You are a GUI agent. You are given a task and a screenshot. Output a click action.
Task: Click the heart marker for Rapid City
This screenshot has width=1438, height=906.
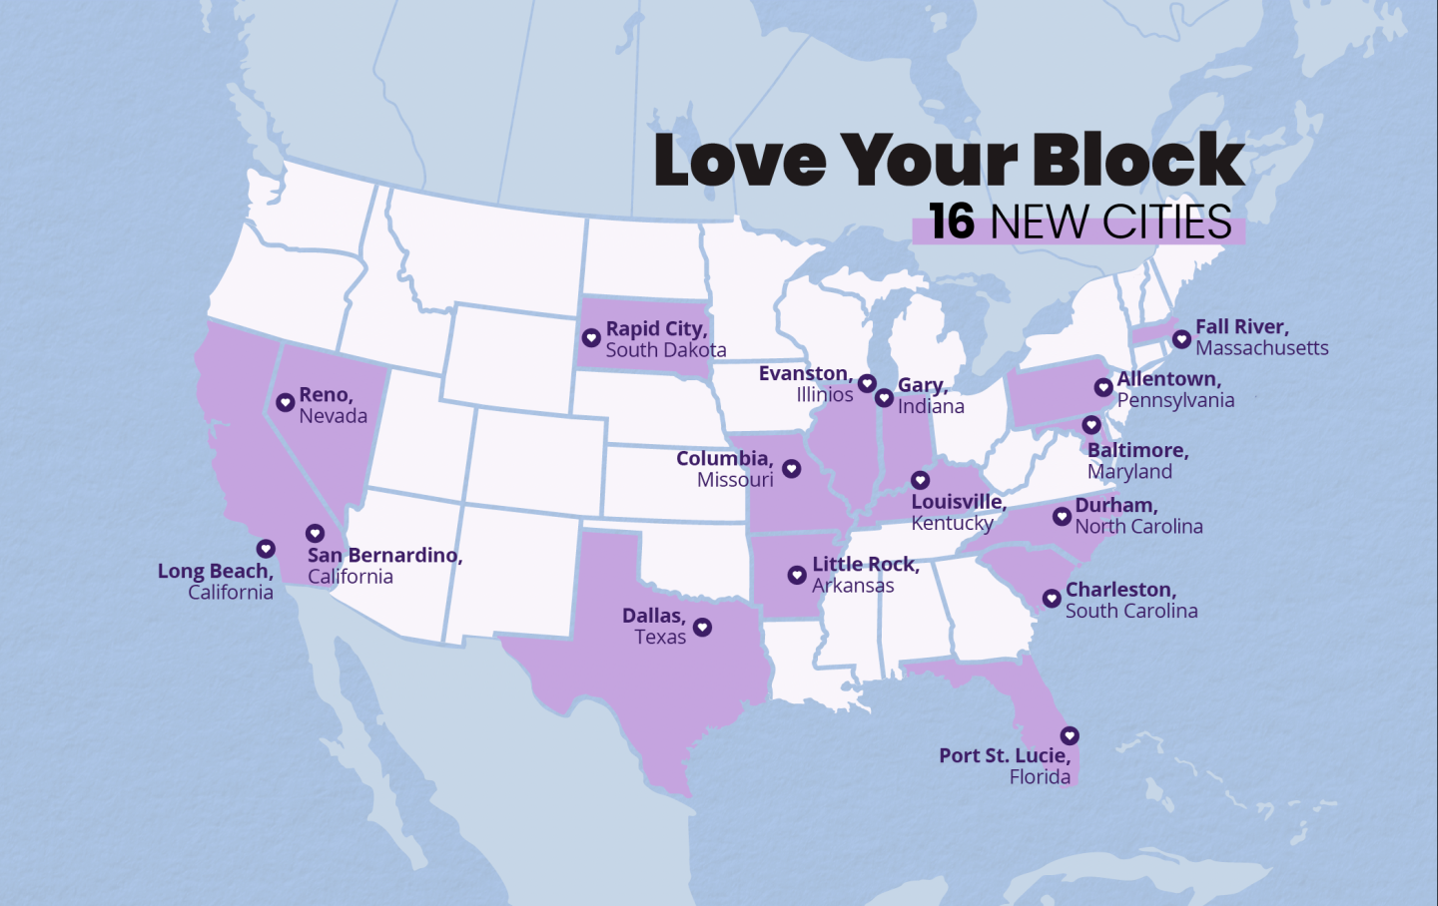(x=591, y=338)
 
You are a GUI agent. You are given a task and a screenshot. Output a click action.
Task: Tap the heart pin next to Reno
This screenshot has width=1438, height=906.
(x=285, y=402)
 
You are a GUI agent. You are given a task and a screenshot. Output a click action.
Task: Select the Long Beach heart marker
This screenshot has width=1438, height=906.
(x=266, y=549)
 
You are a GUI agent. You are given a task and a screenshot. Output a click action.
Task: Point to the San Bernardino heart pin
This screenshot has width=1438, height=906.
(x=315, y=534)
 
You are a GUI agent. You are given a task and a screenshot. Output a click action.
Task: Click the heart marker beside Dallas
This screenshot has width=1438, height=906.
(x=702, y=627)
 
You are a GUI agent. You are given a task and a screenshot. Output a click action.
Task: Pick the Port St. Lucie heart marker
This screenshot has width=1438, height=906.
(x=1070, y=735)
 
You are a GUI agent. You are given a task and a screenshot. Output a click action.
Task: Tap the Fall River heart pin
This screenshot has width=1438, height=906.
(x=1181, y=339)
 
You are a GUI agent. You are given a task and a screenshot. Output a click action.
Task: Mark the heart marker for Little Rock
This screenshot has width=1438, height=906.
(x=797, y=575)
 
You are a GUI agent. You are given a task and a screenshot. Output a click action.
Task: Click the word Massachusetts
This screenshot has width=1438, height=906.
(x=1261, y=348)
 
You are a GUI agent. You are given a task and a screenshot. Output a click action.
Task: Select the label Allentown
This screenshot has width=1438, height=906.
(x=1168, y=379)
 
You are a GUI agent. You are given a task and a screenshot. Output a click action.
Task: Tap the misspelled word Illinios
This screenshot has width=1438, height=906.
(x=824, y=395)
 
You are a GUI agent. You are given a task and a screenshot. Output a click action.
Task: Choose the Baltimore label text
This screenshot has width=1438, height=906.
(x=1137, y=450)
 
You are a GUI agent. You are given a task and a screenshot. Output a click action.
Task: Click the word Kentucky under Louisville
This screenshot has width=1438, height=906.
(x=952, y=523)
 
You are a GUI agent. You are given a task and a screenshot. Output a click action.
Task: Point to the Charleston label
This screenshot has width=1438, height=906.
(x=1120, y=590)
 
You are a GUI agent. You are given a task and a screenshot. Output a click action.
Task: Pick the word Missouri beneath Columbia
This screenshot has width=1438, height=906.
(x=735, y=480)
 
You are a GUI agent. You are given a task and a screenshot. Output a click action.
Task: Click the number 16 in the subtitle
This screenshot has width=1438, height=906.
(x=951, y=222)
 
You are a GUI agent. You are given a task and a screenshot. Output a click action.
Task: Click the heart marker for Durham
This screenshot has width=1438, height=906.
(x=1062, y=516)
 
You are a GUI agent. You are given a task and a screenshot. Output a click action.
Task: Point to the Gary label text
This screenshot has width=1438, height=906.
(x=922, y=385)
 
